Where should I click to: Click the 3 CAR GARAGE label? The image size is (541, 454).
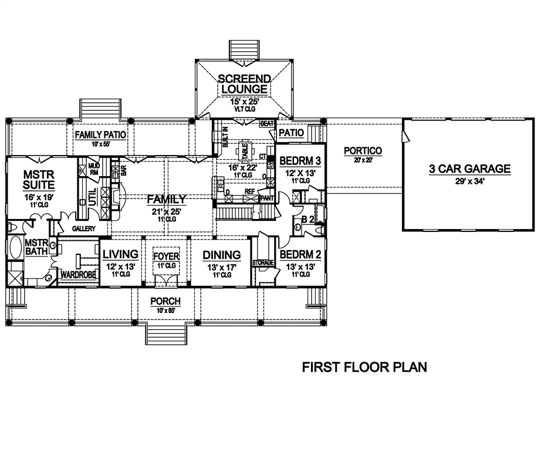pyautogui.click(x=469, y=169)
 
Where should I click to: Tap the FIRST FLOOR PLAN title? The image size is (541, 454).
pyautogui.click(x=364, y=368)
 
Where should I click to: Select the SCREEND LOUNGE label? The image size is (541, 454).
pyautogui.click(x=244, y=84)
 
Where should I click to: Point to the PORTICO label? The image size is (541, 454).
pyautogui.click(x=363, y=151)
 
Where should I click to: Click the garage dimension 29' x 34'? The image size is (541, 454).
pyautogui.click(x=469, y=181)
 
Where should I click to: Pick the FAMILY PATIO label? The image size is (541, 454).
pyautogui.click(x=101, y=134)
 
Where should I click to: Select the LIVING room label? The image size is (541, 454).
pyautogui.click(x=120, y=254)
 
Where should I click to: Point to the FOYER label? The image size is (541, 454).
pyautogui.click(x=165, y=257)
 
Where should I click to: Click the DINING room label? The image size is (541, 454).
pyautogui.click(x=221, y=254)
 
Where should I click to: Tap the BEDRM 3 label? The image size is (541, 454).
pyautogui.click(x=299, y=161)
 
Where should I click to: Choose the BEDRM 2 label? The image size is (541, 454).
pyautogui.click(x=299, y=254)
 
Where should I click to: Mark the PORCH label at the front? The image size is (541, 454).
pyautogui.click(x=165, y=301)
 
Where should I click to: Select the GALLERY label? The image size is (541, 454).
pyautogui.click(x=84, y=228)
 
